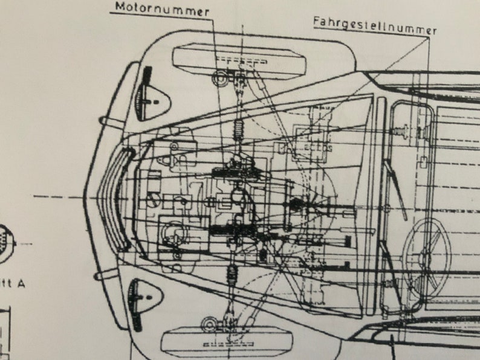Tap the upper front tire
(x=239, y=60)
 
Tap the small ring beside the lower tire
(x=210, y=323)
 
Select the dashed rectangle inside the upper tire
(x=242, y=61)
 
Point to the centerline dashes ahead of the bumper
(x=57, y=197)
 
